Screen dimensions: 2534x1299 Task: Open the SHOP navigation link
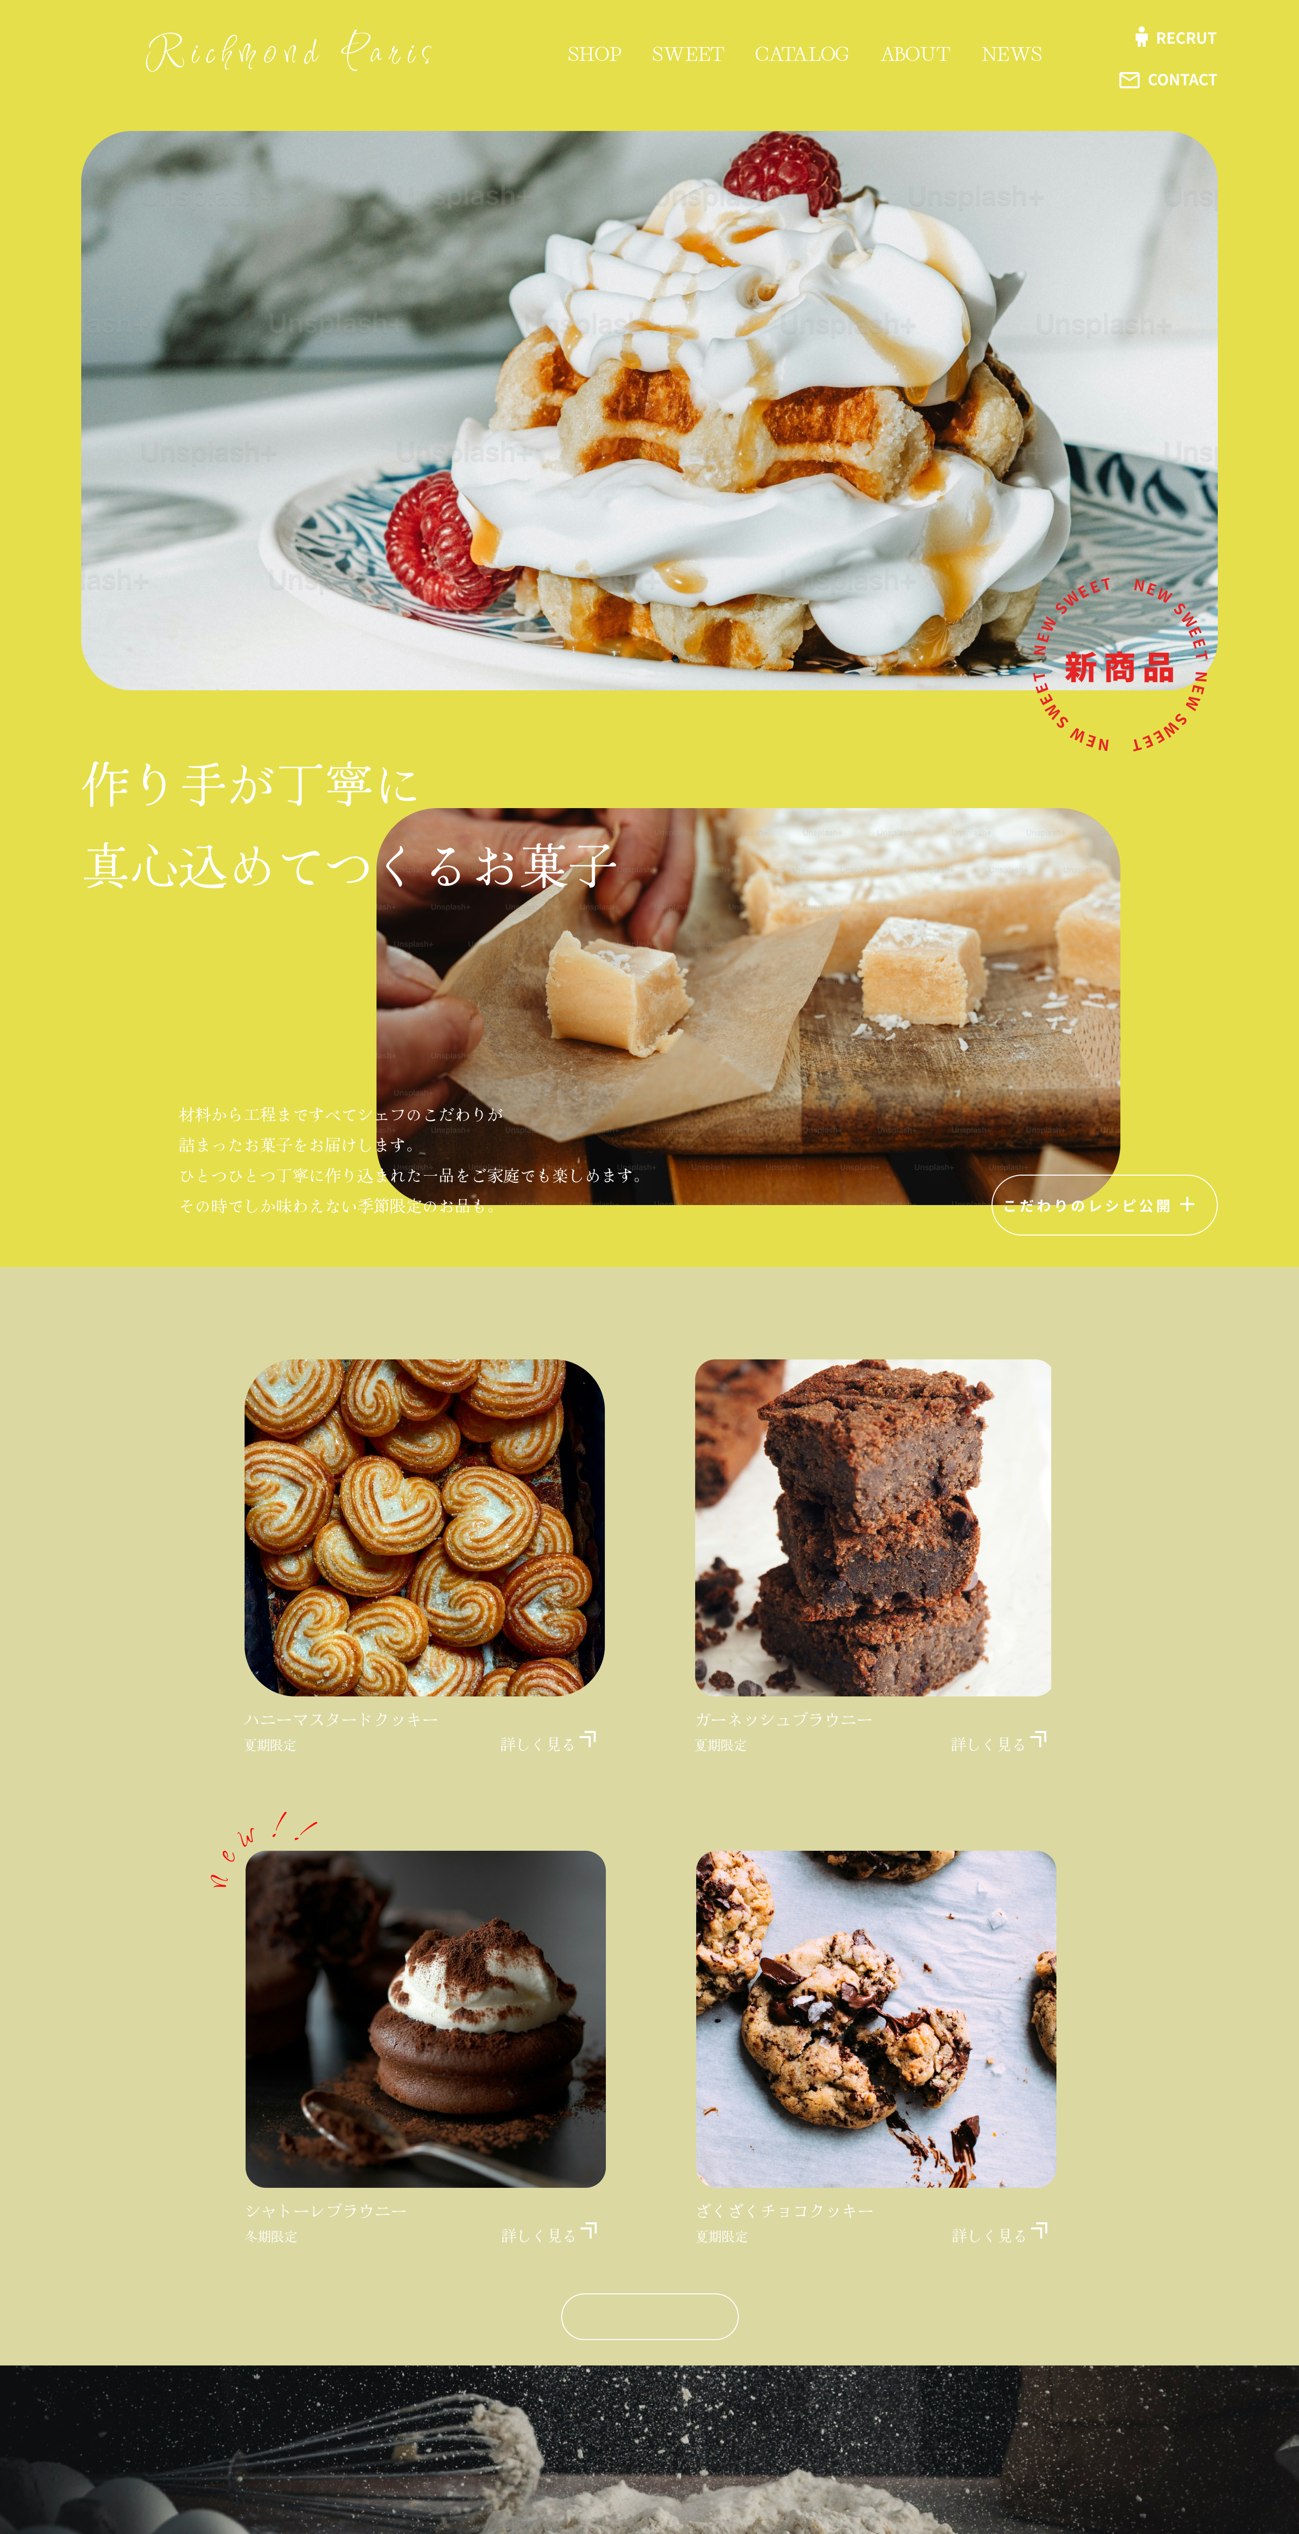594,54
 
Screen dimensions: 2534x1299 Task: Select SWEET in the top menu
688,54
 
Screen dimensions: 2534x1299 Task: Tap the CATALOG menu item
801,54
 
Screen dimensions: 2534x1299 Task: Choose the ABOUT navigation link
914,54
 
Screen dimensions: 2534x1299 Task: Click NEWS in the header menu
1011,54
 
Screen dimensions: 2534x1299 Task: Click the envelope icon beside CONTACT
1129,80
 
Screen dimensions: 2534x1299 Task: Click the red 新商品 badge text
1119,668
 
